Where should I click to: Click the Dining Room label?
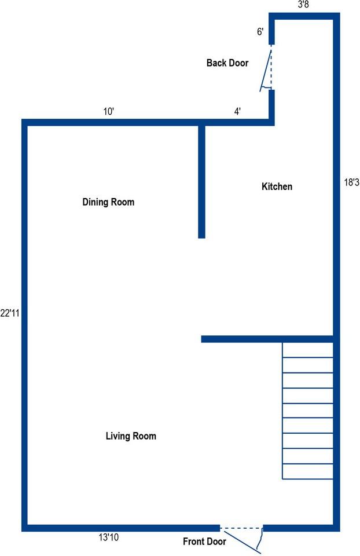point(108,202)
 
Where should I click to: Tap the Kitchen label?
point(277,186)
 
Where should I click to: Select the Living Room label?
point(131,436)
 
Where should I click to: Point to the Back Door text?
point(227,63)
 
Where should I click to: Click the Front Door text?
point(204,542)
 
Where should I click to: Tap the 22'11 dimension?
point(10,313)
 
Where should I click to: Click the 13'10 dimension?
point(108,538)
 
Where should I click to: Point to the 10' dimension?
point(108,111)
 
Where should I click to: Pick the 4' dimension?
point(237,111)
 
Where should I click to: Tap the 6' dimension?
point(260,32)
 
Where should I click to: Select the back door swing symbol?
point(267,69)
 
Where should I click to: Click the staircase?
point(308,411)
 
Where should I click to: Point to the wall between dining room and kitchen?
point(201,180)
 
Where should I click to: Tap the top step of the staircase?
point(308,350)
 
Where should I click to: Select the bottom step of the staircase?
point(308,471)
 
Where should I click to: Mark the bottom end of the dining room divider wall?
point(201,235)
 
